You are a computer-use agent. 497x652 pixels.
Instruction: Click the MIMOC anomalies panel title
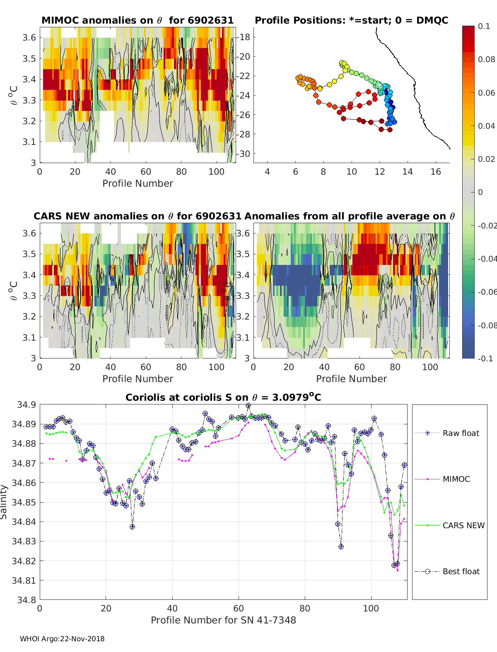pos(138,20)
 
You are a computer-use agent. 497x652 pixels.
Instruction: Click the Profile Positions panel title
pos(351,20)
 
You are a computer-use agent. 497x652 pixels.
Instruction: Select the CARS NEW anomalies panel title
pos(138,216)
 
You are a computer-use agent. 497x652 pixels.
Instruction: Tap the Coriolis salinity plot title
pos(223,397)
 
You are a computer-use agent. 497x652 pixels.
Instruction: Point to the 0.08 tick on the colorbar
pos(486,59)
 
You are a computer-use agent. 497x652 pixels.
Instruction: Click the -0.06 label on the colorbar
pos(486,292)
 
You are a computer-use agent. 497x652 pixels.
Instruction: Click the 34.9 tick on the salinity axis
pos(26,404)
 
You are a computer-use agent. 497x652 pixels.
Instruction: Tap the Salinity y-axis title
pos(4,502)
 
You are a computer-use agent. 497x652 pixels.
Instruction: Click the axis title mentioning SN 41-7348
pos(223,620)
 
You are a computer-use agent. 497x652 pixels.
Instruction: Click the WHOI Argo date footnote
pos(62,639)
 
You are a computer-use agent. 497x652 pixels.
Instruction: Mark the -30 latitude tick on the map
pos(244,154)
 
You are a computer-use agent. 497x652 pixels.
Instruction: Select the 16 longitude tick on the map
pos(436,172)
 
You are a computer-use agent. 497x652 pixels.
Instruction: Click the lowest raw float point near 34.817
pos(394,565)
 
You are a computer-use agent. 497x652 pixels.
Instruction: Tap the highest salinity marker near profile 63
pos(248,406)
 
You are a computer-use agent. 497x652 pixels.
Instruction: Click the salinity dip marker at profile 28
pos(132,527)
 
